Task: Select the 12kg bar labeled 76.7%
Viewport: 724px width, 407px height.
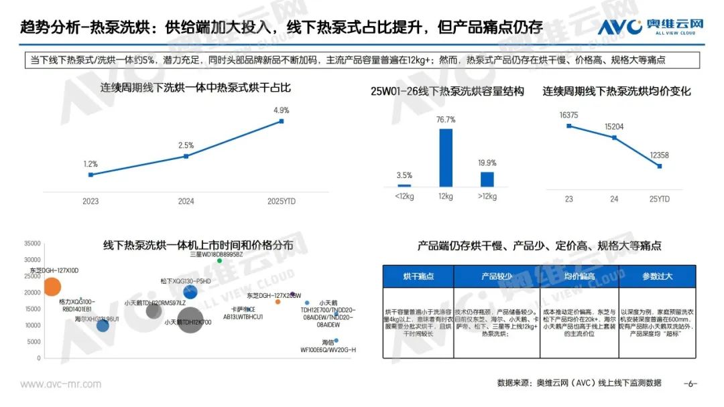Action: tap(446, 157)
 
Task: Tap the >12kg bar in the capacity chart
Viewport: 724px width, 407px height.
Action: tap(487, 179)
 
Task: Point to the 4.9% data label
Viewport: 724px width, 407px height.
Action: tap(281, 110)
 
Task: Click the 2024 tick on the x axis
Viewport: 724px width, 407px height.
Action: tap(186, 201)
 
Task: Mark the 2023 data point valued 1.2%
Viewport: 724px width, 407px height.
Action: tap(90, 175)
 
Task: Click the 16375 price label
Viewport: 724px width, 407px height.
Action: tap(568, 114)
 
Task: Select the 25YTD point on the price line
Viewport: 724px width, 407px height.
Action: tap(660, 166)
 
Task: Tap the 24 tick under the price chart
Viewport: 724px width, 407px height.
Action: tap(614, 199)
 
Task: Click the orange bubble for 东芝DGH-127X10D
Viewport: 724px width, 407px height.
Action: tap(52, 287)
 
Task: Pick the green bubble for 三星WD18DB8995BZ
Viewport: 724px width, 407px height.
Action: tap(219, 260)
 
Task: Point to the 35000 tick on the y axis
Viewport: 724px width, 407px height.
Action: tap(32, 244)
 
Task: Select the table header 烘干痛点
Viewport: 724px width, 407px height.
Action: tap(418, 276)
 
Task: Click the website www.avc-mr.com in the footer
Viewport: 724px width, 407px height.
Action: tap(61, 384)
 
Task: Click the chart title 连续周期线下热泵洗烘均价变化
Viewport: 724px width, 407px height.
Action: tap(617, 91)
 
